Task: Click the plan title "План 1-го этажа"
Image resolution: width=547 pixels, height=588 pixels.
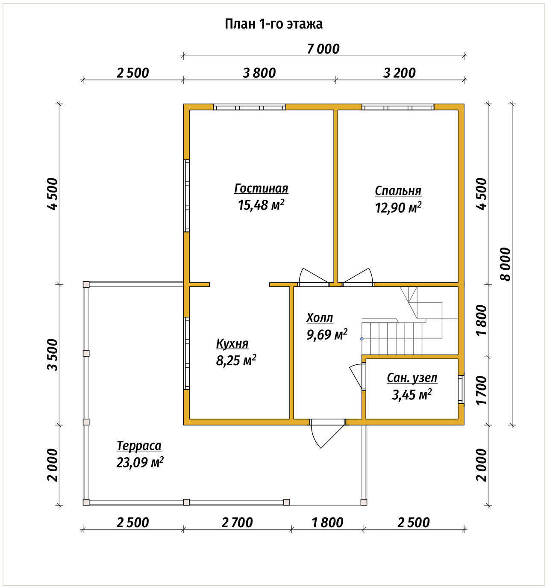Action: [273, 24]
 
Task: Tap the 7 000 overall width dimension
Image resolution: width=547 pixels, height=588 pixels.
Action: [323, 49]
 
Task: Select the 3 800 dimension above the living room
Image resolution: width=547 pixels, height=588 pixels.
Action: [259, 73]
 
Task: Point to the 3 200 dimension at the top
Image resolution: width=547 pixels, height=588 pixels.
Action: [399, 73]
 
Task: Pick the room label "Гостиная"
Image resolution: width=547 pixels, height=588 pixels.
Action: [262, 188]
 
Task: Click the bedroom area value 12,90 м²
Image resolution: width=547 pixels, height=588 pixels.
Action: [398, 207]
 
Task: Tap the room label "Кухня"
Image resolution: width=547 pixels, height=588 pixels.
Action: [232, 343]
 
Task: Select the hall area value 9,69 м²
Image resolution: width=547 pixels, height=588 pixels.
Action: [327, 334]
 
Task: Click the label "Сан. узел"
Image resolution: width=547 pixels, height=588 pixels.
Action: [412, 378]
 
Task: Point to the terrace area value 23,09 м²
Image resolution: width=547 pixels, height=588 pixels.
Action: [140, 462]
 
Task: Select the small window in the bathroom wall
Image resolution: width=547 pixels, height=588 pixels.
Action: [461, 389]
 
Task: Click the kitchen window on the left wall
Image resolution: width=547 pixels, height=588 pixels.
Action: [186, 353]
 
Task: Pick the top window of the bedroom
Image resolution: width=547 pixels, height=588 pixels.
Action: [398, 107]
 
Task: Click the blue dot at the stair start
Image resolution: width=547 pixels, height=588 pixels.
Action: [362, 338]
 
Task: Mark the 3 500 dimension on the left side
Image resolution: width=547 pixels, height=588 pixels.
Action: [53, 355]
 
